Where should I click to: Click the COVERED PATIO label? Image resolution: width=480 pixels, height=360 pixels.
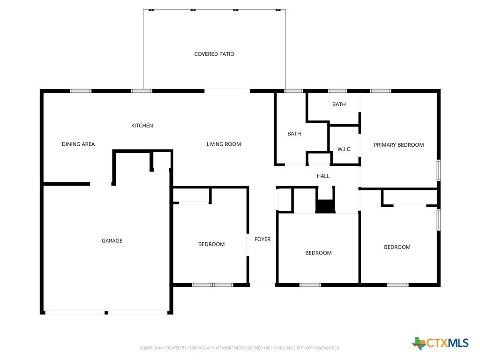pos(214,54)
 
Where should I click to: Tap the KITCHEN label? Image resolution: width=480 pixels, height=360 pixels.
pos(142,126)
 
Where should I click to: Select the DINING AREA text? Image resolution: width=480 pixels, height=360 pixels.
pos(78,144)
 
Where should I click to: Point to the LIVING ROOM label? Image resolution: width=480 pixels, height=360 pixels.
pos(224,144)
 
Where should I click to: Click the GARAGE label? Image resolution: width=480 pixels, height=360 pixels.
pos(112,241)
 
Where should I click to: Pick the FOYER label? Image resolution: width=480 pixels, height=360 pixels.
pos(262,239)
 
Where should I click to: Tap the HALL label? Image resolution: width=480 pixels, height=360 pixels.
pos(323,176)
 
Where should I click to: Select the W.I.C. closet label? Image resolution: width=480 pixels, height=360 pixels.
pos(345,150)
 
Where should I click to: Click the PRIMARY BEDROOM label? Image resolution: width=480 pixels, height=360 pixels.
pos(398,145)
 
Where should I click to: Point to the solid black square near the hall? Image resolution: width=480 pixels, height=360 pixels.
pos(325,206)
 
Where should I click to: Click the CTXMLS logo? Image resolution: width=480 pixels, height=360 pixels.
pos(440,343)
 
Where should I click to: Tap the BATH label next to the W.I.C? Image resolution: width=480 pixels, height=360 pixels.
pos(294,134)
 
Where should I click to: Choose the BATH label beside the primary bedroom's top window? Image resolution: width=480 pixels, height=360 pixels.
pos(339,105)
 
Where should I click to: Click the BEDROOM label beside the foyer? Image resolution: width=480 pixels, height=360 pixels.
pos(211,244)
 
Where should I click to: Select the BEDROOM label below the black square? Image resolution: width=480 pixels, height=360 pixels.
pos(318,253)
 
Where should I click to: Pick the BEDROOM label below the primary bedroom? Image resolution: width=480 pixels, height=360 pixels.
pos(397,247)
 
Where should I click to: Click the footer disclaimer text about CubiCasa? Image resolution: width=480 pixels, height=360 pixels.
pos(240,348)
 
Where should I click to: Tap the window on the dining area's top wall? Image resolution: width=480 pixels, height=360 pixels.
pos(81,91)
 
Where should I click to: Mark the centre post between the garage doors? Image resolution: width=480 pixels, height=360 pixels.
pos(106,313)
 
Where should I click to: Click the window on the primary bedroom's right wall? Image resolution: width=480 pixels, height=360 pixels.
pos(439,170)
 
